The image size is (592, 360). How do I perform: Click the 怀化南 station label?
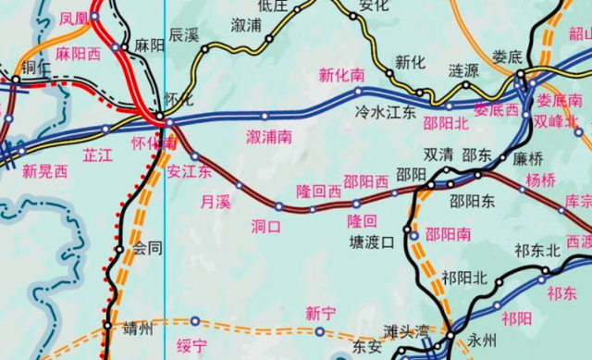154,143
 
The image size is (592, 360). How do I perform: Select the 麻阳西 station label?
78,54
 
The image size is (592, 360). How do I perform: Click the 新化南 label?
340,75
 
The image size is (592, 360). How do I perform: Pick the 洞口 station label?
265,225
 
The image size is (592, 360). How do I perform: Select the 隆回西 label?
318,191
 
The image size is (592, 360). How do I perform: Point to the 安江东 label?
190,172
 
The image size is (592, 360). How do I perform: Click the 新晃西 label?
45,170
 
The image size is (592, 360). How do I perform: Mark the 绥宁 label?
191,346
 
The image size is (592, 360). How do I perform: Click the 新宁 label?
320,313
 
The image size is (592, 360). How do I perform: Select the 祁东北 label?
539,250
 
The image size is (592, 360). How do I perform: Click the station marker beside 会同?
119,248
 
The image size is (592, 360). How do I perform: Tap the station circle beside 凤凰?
94,17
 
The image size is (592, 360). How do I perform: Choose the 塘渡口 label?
373,242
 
